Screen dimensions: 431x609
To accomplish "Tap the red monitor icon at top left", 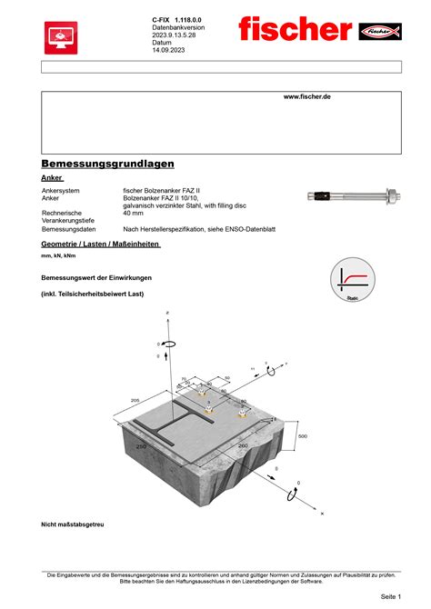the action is pyautogui.click(x=61, y=37).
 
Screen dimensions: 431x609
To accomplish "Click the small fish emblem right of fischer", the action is pyautogui.click(x=380, y=32).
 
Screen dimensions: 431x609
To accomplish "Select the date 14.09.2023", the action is pyautogui.click(x=168, y=50).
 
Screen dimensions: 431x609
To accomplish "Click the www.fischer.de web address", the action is pyautogui.click(x=306, y=96).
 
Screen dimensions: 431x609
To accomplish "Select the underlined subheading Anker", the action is pyautogui.click(x=52, y=178).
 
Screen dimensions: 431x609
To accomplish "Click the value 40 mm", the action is pyautogui.click(x=134, y=213).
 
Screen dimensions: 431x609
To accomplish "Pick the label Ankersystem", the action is pyautogui.click(x=62, y=191).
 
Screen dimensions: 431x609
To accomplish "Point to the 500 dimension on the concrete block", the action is pyautogui.click(x=303, y=436).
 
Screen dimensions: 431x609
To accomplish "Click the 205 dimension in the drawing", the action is pyautogui.click(x=135, y=401).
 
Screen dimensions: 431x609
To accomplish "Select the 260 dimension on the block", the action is pyautogui.click(x=242, y=446).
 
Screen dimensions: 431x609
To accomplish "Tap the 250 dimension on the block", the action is pyautogui.click(x=142, y=447).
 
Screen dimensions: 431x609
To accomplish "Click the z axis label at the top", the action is pyautogui.click(x=167, y=313).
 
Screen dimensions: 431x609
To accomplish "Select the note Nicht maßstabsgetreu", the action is pyautogui.click(x=73, y=524).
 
